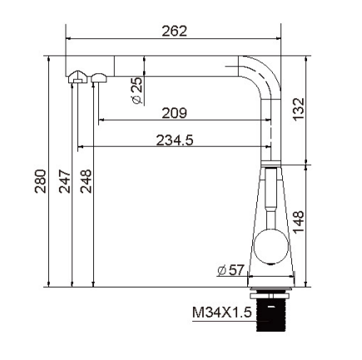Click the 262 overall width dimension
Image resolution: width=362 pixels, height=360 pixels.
tap(175, 31)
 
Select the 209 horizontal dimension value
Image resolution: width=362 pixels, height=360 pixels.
tap(175, 112)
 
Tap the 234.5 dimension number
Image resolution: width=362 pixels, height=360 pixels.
tap(175, 140)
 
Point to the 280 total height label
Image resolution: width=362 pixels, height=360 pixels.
tap(40, 182)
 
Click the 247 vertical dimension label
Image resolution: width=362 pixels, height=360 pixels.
tap(65, 182)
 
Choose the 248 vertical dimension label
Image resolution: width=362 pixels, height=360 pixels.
tap(86, 182)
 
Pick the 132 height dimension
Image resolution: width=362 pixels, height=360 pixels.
tap(299, 109)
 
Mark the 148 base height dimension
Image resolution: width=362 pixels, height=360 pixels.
tap(299, 222)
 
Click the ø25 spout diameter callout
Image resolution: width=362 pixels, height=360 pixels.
tap(137, 91)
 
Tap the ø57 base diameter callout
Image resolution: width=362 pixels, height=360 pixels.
tap(231, 270)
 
